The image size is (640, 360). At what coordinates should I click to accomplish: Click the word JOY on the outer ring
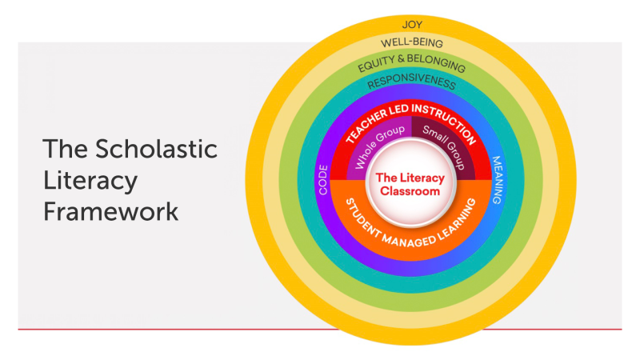(x=411, y=24)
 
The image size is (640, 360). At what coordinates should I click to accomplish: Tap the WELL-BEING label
(x=411, y=42)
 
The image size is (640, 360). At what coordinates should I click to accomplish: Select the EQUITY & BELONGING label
(x=411, y=63)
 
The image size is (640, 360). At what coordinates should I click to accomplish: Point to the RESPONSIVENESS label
(x=411, y=83)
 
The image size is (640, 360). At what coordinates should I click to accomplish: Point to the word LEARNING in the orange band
(x=462, y=217)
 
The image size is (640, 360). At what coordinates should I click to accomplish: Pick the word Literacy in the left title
(x=90, y=182)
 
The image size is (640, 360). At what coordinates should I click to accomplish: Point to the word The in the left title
(x=63, y=150)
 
